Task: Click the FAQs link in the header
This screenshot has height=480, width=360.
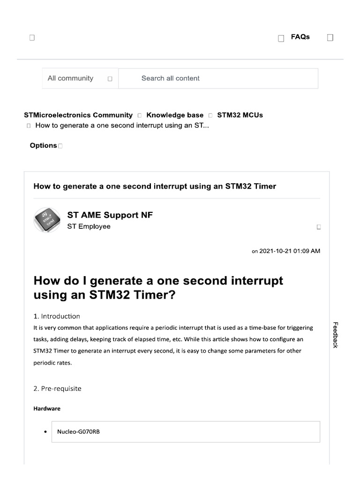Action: [x=300, y=37]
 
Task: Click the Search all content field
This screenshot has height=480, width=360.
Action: [x=218, y=79]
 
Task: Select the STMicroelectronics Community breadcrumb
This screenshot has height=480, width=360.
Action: [x=78, y=115]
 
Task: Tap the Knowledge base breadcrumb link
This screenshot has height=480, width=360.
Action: [x=175, y=115]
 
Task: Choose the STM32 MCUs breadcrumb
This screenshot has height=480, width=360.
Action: [x=240, y=115]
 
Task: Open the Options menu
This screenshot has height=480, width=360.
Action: [x=44, y=146]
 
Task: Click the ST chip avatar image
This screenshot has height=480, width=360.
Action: [x=47, y=219]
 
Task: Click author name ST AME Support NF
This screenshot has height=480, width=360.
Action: [x=110, y=215]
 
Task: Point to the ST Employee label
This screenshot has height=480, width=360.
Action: [x=89, y=227]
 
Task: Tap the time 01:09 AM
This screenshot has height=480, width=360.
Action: [x=307, y=251]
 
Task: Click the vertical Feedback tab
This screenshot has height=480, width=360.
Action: [x=335, y=335]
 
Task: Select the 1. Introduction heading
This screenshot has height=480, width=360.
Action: [x=57, y=316]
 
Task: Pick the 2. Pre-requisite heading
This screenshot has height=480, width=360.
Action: [x=58, y=389]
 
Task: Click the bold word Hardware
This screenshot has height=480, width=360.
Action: [x=47, y=409]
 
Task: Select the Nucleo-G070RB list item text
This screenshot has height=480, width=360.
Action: [x=78, y=432]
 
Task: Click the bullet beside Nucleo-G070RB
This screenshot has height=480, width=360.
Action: [x=45, y=432]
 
